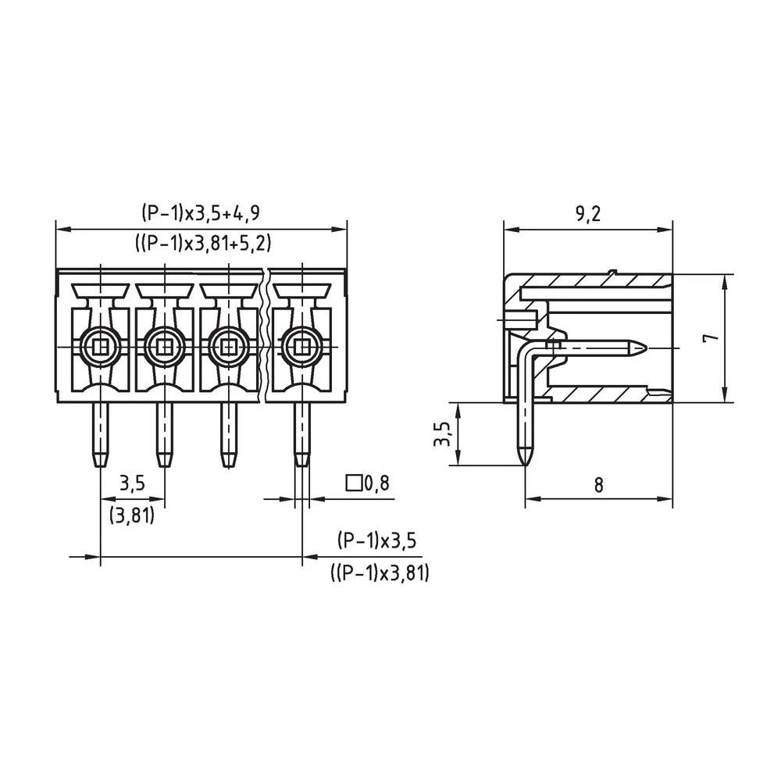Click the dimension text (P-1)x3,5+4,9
tap(201, 213)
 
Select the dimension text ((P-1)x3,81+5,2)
tap(201, 244)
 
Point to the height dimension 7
tap(708, 338)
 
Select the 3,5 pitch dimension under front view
tap(132, 483)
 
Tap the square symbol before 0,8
tap(354, 483)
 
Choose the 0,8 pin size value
tap(377, 483)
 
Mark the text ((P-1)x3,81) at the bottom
tap(380, 574)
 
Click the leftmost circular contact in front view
tap(99, 344)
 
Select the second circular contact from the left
tap(164, 344)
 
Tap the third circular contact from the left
tap(227, 344)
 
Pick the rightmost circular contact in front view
tap(301, 344)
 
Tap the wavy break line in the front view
tap(268, 336)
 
